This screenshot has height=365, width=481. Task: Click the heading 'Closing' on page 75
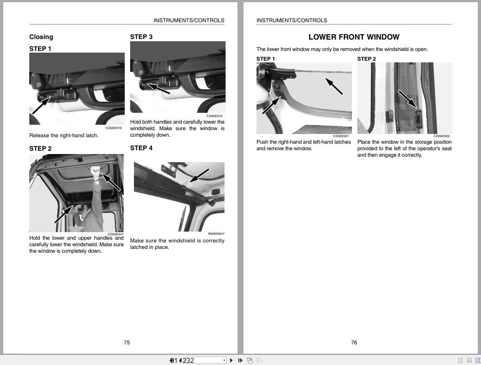pyautogui.click(x=41, y=37)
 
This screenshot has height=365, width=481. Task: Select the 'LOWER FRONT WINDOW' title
pyautogui.click(x=354, y=37)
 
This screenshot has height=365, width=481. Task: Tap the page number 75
pyautogui.click(x=127, y=342)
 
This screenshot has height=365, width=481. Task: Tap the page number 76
pyautogui.click(x=354, y=342)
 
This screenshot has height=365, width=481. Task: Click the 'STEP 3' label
pyautogui.click(x=141, y=37)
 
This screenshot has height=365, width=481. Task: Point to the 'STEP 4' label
pyautogui.click(x=141, y=148)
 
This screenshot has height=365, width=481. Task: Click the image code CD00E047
pyautogui.click(x=115, y=234)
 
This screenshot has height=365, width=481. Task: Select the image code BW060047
pyautogui.click(x=216, y=234)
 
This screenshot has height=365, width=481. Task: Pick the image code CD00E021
pyautogui.click(x=341, y=136)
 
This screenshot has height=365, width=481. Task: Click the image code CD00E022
pyautogui.click(x=441, y=136)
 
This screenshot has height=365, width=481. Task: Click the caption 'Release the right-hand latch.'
pyautogui.click(x=64, y=136)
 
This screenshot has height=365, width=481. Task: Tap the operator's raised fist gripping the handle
pyautogui.click(x=96, y=172)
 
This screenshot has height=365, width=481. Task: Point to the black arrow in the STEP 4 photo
pyautogui.click(x=199, y=175)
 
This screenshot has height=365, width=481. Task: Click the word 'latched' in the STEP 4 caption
pyautogui.click(x=139, y=247)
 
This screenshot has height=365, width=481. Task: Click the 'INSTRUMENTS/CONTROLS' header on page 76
pyautogui.click(x=292, y=21)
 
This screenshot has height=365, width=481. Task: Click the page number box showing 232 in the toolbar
pyautogui.click(x=198, y=360)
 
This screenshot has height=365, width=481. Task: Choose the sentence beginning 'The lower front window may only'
pyautogui.click(x=342, y=49)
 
